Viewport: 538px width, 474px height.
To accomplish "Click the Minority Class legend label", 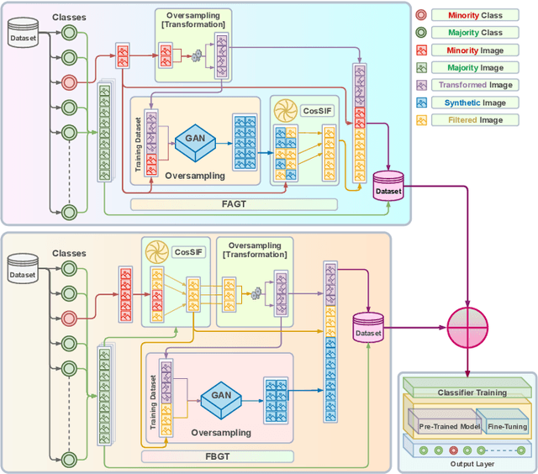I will (x=475, y=14).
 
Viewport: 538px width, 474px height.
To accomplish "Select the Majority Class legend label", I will (x=475, y=32).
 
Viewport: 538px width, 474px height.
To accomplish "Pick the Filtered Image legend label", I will (x=475, y=120).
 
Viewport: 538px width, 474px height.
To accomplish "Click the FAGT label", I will (x=233, y=204).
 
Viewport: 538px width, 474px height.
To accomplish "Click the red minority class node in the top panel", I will (x=68, y=82).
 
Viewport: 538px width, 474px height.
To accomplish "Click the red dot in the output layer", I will (x=454, y=450).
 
